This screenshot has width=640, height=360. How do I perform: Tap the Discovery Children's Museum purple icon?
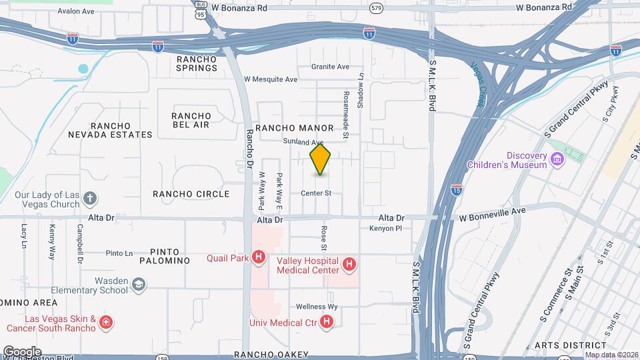click(x=557, y=159)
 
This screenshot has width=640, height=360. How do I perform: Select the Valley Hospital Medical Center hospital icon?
click(x=349, y=266)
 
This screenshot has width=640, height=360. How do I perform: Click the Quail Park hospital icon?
click(x=259, y=258)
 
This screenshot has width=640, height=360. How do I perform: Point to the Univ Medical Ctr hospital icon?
click(x=327, y=323)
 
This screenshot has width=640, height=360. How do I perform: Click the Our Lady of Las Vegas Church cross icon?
click(x=90, y=199)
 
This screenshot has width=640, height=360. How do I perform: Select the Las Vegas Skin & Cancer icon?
click(x=105, y=323)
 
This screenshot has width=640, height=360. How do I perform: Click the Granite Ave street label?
click(x=331, y=67)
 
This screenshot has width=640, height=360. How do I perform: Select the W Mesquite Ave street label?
click(x=271, y=79)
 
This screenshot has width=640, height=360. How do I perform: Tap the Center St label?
click(x=316, y=193)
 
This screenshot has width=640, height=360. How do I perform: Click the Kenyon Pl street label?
click(x=386, y=229)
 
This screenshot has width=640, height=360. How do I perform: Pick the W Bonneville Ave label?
click(x=492, y=210)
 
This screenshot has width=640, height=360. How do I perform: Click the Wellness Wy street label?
click(x=318, y=307)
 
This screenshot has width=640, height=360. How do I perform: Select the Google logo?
click(x=22, y=351)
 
